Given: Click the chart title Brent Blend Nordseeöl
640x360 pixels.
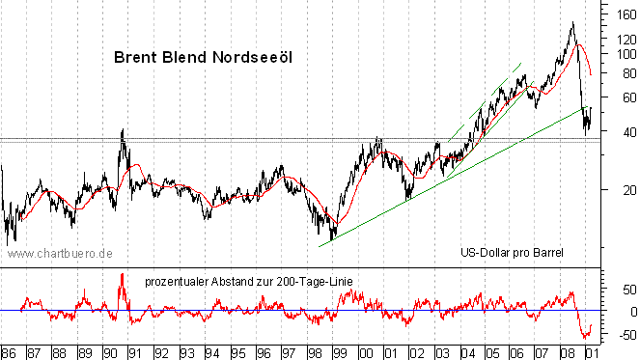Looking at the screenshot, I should pyautogui.click(x=203, y=57).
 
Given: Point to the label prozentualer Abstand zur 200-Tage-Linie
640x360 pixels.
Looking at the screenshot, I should pyautogui.click(x=248, y=281).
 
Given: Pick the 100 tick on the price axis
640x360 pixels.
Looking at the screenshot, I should pyautogui.click(x=621, y=55).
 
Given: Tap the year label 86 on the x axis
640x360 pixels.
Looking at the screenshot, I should pyautogui.click(x=9, y=351).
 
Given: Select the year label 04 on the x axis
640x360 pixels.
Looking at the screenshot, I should pyautogui.click(x=466, y=351).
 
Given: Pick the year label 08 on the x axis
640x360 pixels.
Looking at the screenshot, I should pyautogui.click(x=568, y=351).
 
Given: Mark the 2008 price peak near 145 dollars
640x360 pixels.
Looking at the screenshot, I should pyautogui.click(x=573, y=22).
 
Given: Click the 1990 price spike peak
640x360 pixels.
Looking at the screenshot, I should pyautogui.click(x=122, y=129).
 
